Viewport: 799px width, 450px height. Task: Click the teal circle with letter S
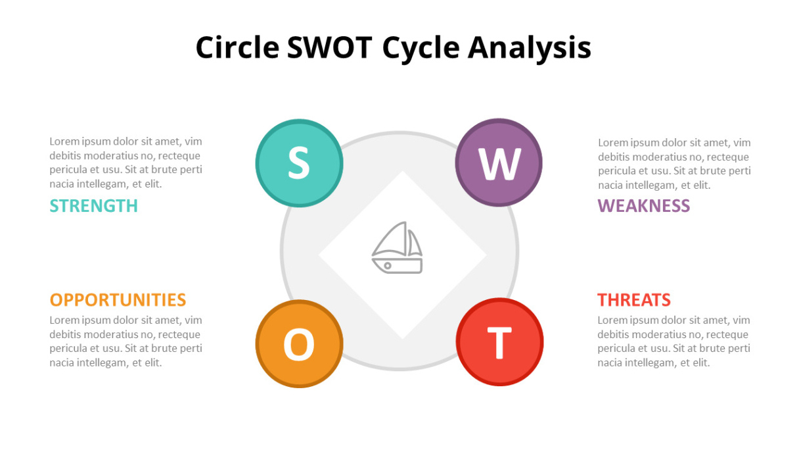[x=299, y=163]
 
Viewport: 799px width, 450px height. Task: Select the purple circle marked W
[x=499, y=162]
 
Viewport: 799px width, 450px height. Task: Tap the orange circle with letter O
[x=299, y=343]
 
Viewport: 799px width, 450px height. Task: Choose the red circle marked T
[x=499, y=342]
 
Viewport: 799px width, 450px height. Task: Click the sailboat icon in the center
[x=397, y=247]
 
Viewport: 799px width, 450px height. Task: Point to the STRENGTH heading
[x=93, y=206]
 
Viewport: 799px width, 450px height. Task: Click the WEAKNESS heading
[x=644, y=206]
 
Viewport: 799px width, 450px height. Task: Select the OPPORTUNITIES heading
[x=118, y=299]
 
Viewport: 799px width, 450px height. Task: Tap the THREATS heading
[x=634, y=299]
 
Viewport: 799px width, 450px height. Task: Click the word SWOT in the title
[x=330, y=47]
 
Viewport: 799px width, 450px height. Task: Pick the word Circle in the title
[x=237, y=47]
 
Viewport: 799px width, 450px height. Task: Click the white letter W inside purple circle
[x=499, y=164]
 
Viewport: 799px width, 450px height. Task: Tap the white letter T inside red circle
[x=499, y=343]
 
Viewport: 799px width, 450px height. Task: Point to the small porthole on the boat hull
[x=388, y=265]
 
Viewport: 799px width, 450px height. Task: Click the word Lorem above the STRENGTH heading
[x=64, y=141]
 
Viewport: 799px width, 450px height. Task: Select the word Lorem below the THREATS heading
[x=612, y=320]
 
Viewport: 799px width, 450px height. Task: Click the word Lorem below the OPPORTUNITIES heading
[x=64, y=320]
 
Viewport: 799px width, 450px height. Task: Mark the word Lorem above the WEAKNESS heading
[x=613, y=143]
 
